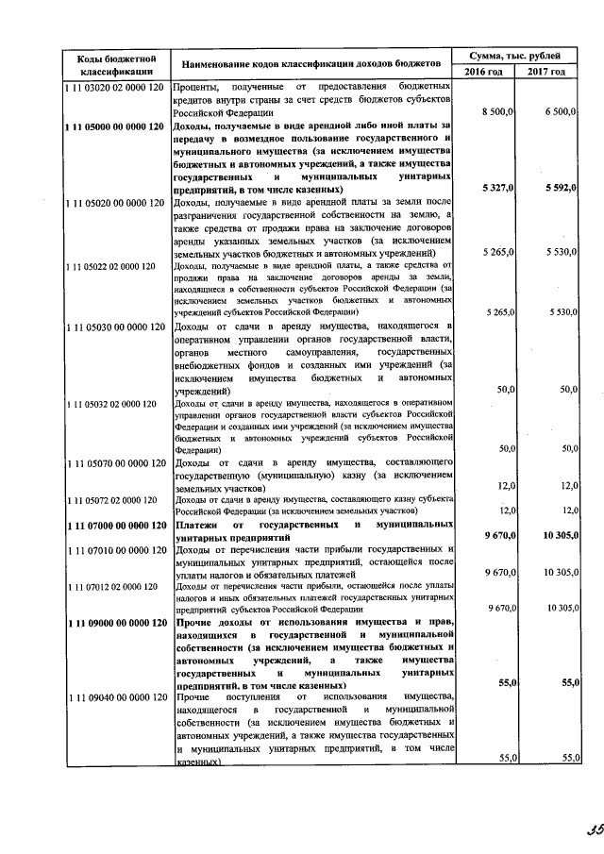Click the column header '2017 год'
pos(546,73)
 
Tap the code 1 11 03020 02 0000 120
pos(110,87)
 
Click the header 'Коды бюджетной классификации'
pos(109,64)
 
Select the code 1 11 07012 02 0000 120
pos(110,586)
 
